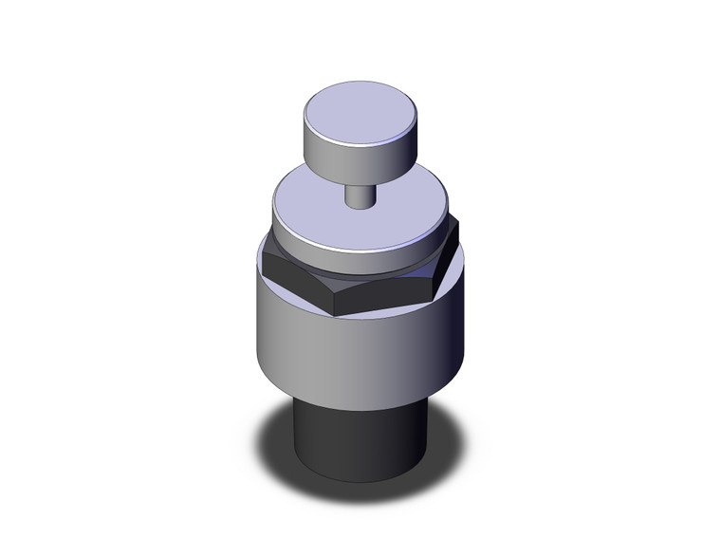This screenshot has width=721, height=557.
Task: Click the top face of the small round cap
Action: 359,112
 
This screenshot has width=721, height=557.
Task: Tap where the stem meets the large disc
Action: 358,206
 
